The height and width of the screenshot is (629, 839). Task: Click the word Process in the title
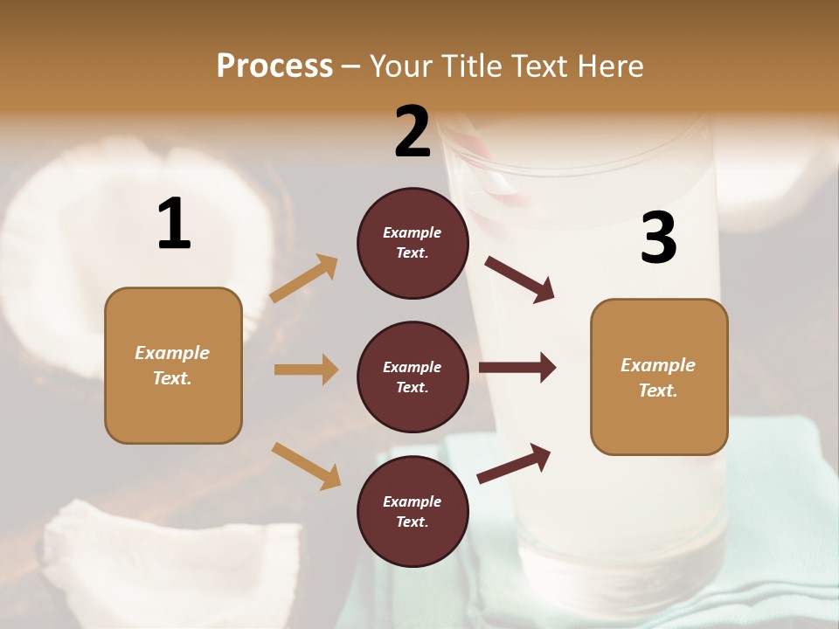tap(274, 66)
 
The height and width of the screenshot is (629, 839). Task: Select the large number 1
tap(174, 225)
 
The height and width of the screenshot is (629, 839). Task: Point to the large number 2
tap(413, 132)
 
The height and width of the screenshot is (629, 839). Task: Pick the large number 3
tap(658, 238)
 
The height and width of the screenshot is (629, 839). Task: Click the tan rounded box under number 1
tap(173, 365)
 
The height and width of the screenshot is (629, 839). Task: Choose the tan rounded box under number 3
tap(659, 377)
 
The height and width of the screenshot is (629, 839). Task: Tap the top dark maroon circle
tap(413, 243)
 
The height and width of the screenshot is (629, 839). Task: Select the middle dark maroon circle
tap(413, 377)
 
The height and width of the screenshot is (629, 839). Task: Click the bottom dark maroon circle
tap(413, 511)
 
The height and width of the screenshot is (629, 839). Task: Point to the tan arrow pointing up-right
tap(304, 279)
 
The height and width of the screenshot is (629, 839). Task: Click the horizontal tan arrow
tap(306, 370)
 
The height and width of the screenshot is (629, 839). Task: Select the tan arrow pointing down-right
tap(306, 466)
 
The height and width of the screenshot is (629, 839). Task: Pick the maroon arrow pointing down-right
tap(520, 280)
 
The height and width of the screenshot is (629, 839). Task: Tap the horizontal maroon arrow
tap(517, 368)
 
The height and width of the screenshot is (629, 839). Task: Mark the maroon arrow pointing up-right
tap(514, 464)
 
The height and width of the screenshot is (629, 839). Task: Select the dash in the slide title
tap(350, 66)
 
